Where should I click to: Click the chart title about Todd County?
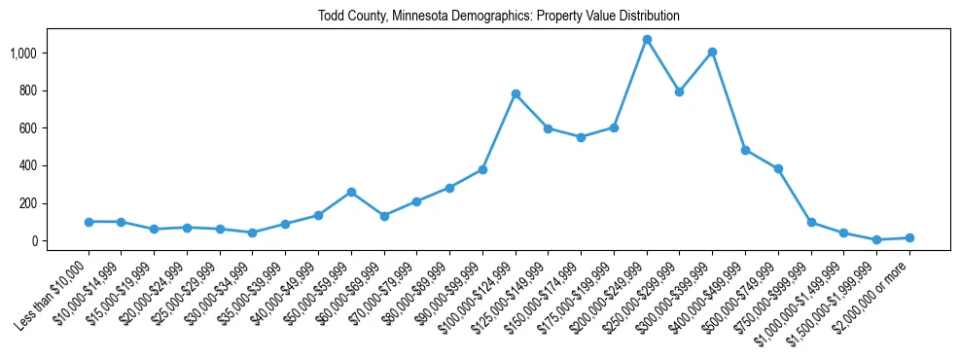(x=498, y=17)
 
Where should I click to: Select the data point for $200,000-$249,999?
(x=647, y=40)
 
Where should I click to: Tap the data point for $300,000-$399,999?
(x=713, y=53)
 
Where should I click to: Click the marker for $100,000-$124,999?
(x=516, y=94)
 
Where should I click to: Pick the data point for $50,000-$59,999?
(x=351, y=193)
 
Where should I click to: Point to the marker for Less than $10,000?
(x=89, y=222)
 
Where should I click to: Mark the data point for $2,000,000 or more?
(x=909, y=237)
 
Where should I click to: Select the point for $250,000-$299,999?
(x=680, y=91)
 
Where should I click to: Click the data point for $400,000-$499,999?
(x=745, y=150)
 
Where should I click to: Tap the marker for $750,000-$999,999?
(x=811, y=223)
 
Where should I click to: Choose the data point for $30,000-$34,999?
(x=253, y=233)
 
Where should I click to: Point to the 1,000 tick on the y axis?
(x=23, y=53)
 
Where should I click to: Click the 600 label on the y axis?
(x=28, y=128)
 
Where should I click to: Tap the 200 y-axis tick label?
(x=28, y=203)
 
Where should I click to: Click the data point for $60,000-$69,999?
(x=384, y=216)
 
